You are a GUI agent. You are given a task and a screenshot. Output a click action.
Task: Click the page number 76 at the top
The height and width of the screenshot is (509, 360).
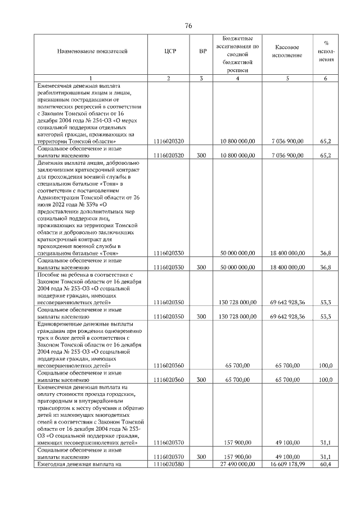pos(188,25)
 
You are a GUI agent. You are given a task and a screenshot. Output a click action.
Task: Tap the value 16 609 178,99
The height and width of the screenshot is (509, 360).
pos(287,464)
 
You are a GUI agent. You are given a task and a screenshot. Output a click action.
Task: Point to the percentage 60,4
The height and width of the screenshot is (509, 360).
pos(326,464)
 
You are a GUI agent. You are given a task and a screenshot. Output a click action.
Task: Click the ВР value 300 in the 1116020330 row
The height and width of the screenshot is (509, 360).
pos(202,267)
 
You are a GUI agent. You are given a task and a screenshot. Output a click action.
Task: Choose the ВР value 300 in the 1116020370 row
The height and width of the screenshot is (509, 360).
pos(202,457)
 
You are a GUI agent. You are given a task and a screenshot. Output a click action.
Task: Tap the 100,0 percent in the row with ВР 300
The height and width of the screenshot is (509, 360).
pos(326,380)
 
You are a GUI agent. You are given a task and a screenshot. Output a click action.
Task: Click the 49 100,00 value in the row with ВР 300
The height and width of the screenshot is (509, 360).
pos(287,457)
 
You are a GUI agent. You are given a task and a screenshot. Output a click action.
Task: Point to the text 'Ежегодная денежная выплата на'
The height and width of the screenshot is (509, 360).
pos(79,464)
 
